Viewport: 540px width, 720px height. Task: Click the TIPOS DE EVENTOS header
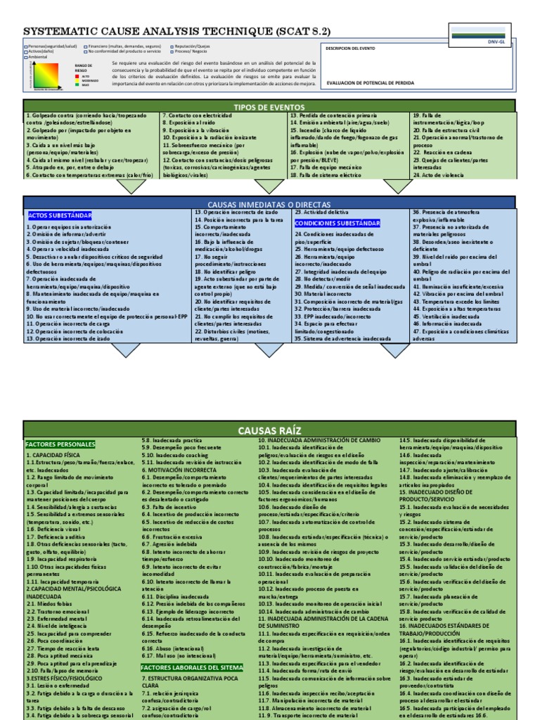click(x=269, y=106)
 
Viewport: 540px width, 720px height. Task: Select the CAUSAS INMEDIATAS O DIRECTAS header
click(x=269, y=203)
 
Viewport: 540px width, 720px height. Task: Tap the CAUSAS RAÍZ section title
click(x=269, y=430)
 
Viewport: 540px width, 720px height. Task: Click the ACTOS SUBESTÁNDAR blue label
click(x=59, y=214)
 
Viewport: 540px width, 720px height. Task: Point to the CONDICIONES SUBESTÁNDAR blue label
click(x=337, y=223)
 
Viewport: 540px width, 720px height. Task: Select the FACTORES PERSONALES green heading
click(x=60, y=444)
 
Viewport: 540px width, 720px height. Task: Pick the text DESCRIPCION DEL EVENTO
click(x=351, y=49)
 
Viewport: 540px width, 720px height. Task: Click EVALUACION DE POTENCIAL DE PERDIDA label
click(x=371, y=82)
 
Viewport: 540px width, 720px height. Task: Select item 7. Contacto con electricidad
click(x=197, y=115)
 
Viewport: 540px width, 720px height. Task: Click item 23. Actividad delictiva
click(x=321, y=212)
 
